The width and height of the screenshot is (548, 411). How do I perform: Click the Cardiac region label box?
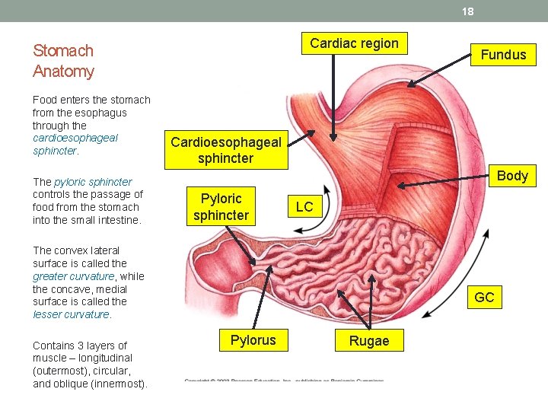pos(354,43)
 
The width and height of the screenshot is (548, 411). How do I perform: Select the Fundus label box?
pos(503,54)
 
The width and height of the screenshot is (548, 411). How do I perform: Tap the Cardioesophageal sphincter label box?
pos(226,150)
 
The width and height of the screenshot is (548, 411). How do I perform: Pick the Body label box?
pos(512,176)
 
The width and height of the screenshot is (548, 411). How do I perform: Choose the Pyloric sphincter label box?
pos(221,207)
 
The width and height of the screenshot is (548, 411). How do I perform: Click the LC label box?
pos(304,207)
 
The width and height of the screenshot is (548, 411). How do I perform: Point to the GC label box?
pos(484,298)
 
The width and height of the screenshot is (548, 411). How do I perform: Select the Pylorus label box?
pos(253,339)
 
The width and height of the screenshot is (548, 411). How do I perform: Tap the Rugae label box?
pos(369,341)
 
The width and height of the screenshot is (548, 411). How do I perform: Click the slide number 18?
pos(467,11)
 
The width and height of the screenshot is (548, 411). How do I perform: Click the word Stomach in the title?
pos(63,51)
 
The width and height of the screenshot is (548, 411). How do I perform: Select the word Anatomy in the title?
pos(64,72)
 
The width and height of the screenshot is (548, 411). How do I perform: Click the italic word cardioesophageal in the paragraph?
pos(75,138)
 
